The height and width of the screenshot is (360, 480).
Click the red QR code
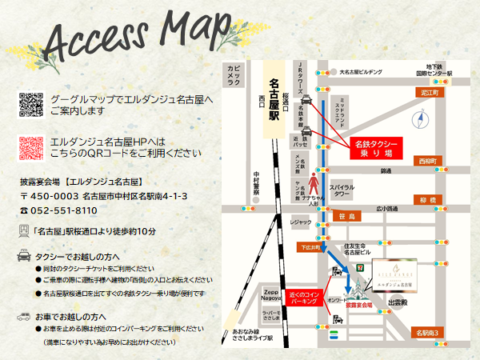point(30,147)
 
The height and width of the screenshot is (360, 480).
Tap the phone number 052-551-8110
point(63,210)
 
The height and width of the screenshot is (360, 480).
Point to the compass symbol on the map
point(422,120)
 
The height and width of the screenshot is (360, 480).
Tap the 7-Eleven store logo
point(342,258)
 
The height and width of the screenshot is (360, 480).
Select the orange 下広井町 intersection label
point(309,247)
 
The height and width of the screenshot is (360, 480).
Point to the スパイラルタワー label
point(342,190)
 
